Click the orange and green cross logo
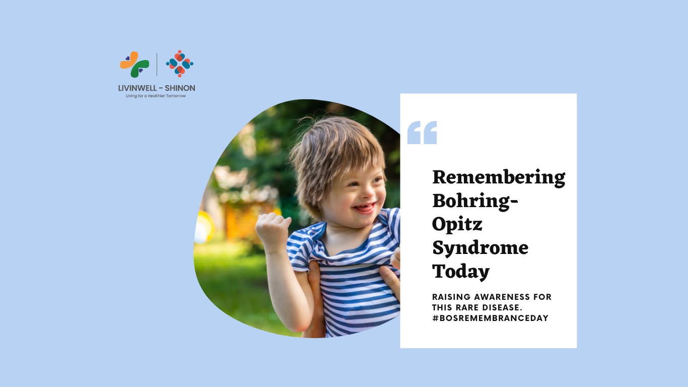134,64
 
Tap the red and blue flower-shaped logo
180,63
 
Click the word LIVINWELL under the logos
137,88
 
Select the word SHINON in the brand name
180,88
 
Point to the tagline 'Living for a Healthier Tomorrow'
156,96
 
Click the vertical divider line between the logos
157,64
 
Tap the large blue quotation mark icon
422,133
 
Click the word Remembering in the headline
499,177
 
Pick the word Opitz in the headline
457,224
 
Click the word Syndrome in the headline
480,248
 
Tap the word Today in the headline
461,272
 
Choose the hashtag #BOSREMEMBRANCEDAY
490,318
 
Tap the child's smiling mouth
365,208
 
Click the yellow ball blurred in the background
204,227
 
